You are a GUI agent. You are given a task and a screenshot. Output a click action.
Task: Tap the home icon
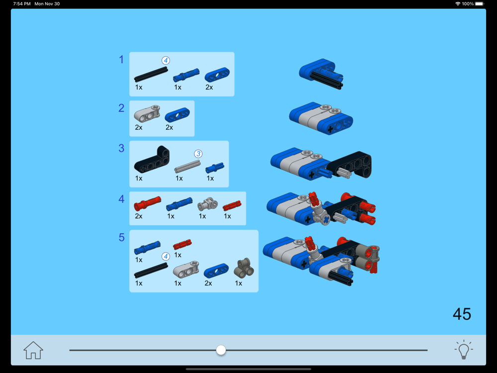coord(33,350)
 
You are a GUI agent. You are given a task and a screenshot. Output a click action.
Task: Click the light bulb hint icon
coord(463,350)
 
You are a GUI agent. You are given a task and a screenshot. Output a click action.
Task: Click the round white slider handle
coord(221,350)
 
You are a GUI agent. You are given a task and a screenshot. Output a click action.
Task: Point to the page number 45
coord(462,314)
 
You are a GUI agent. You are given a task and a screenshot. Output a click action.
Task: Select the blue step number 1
coord(121,60)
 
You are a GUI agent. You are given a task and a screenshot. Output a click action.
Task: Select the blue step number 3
coord(121,148)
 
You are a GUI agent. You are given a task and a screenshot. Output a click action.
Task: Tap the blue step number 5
coord(121,237)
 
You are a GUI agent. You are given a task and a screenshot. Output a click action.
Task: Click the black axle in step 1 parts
coord(151,75)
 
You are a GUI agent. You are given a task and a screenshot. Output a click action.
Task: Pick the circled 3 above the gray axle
coord(198,154)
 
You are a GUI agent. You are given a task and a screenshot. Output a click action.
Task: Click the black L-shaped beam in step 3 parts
coord(152,160)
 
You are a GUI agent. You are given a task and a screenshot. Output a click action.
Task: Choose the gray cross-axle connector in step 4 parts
coord(208,204)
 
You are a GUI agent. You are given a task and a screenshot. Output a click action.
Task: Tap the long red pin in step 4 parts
coord(148,203)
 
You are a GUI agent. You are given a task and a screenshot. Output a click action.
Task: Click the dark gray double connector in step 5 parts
coord(244,268)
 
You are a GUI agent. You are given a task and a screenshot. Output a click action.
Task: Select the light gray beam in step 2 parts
coord(147,114)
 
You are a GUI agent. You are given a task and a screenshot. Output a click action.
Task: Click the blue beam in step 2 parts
coord(177,115)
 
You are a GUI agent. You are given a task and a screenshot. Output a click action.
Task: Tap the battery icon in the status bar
coord(480,4)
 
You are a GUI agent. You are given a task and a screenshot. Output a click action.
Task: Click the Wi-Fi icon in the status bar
coord(458,4)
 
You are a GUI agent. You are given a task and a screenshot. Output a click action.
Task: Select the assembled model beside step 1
coord(321,74)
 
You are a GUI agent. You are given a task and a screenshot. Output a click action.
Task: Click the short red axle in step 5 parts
coord(182,244)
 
